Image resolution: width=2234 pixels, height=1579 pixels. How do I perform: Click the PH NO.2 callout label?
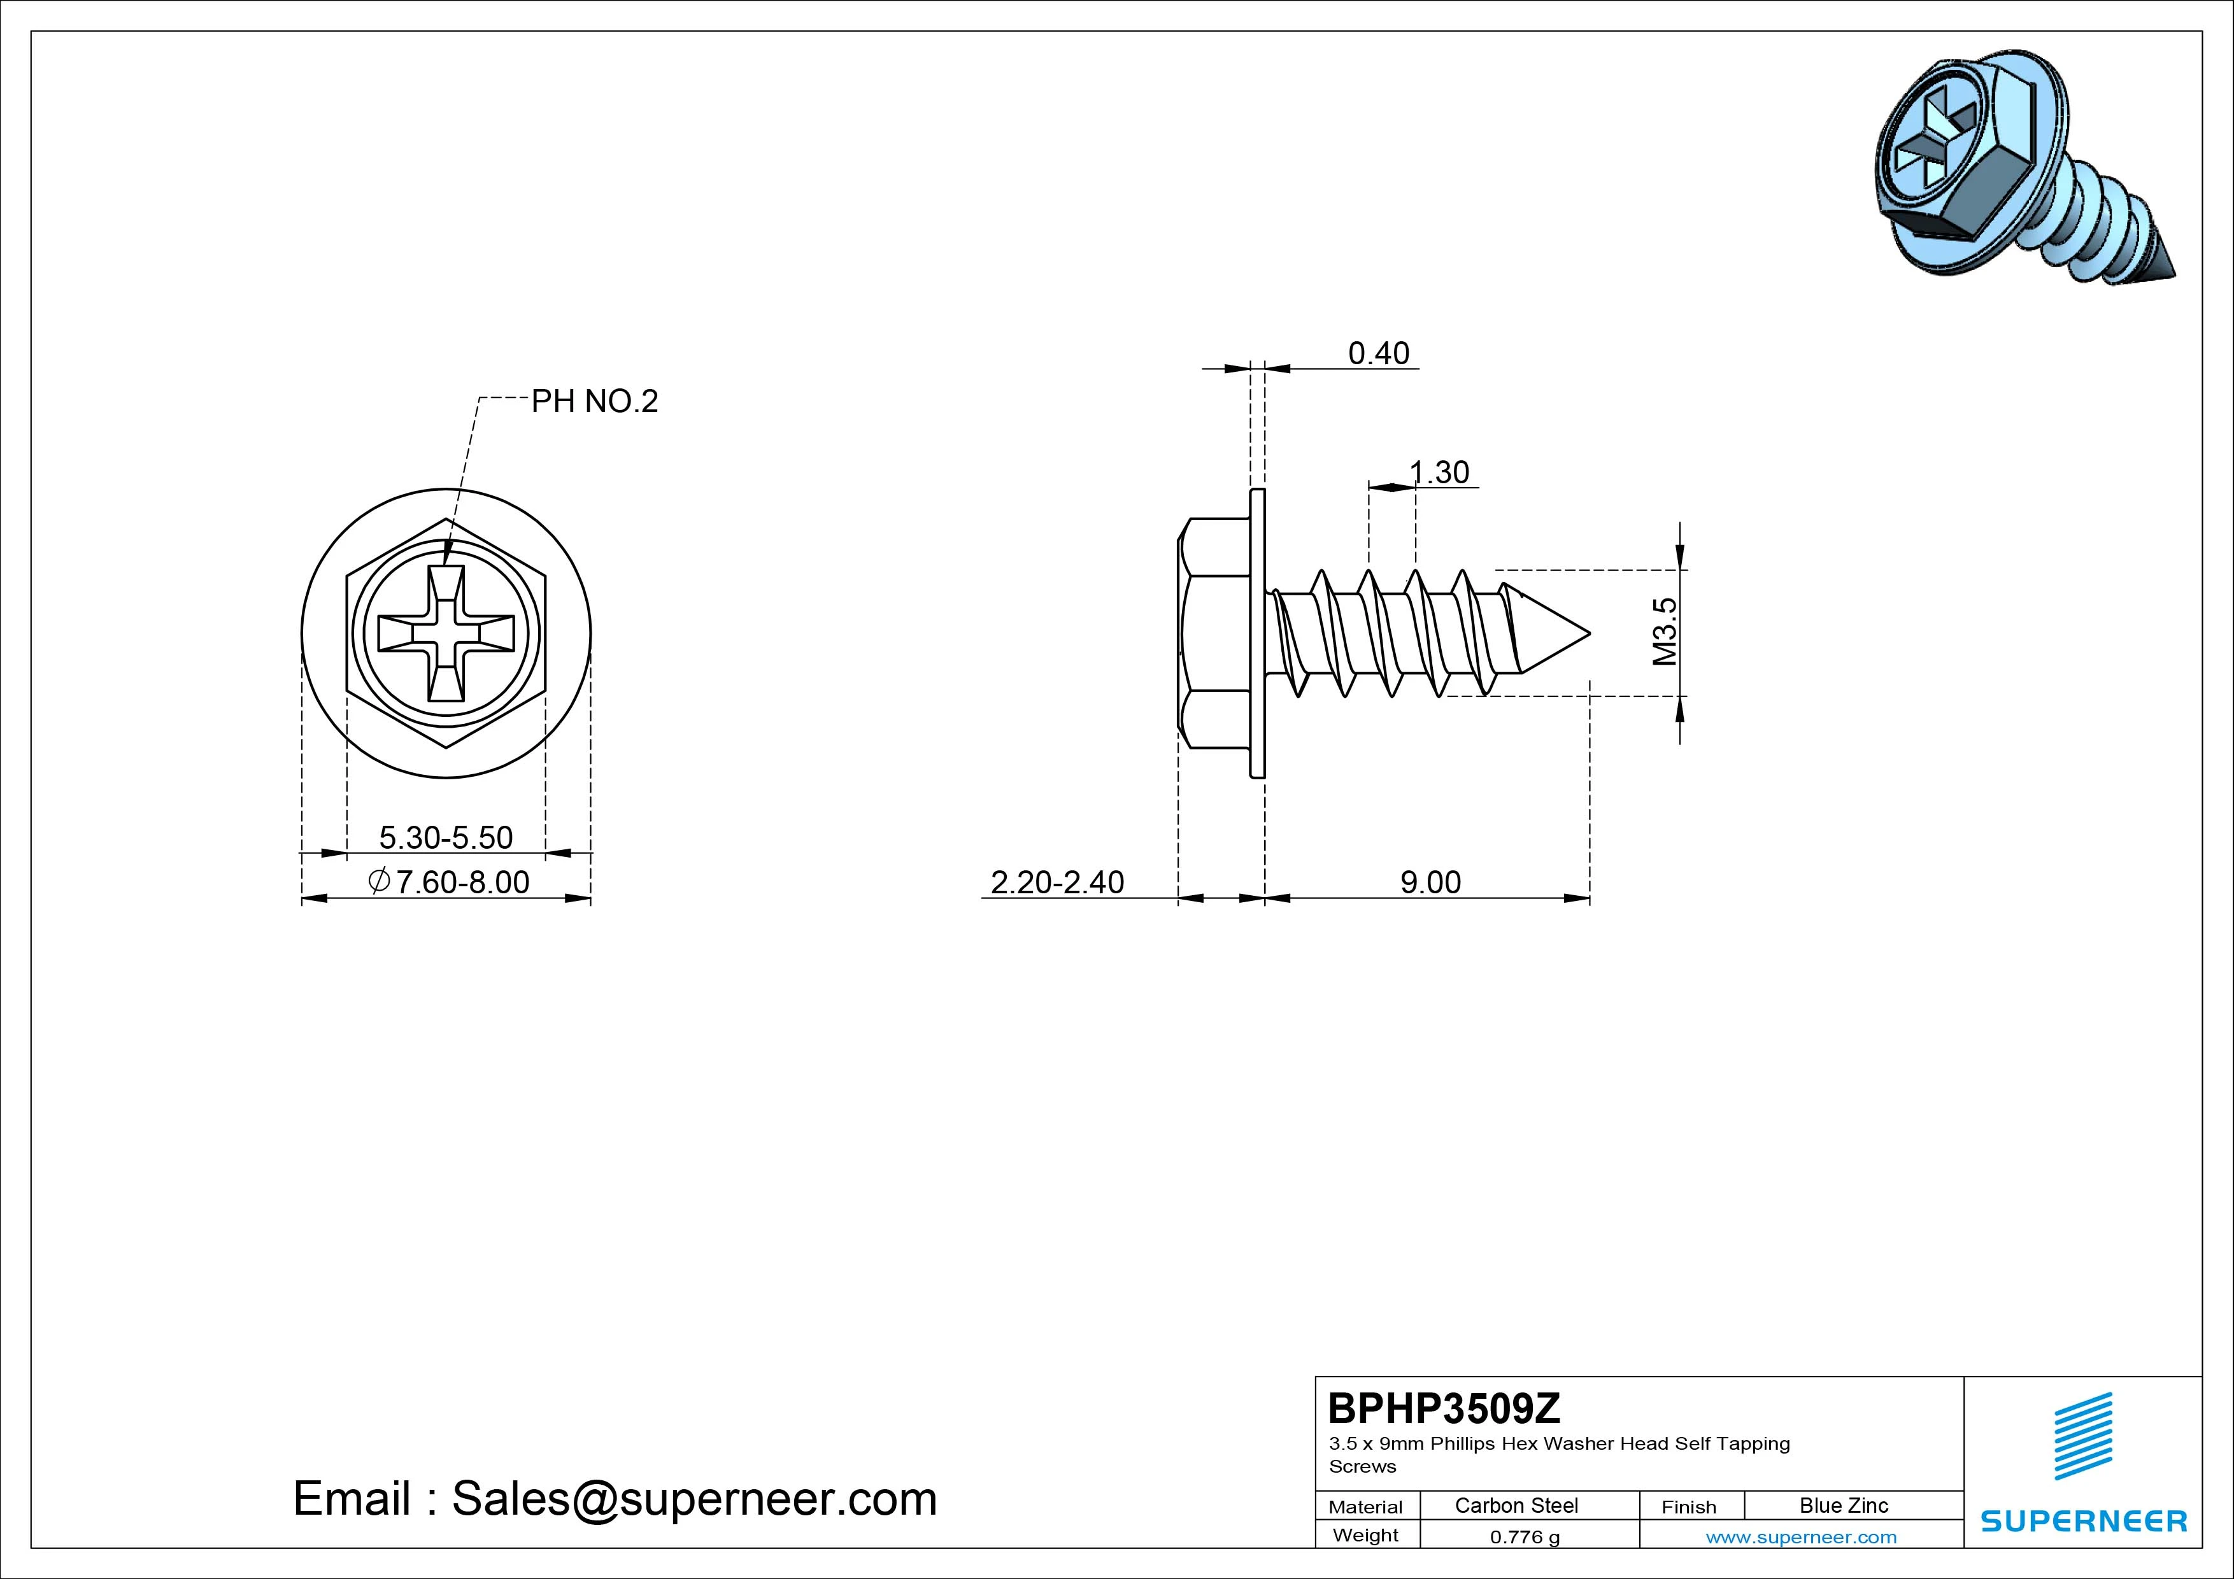point(595,401)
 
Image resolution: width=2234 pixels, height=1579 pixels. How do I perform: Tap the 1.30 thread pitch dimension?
point(1439,473)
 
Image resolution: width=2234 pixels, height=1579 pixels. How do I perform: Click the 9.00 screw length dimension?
point(1430,882)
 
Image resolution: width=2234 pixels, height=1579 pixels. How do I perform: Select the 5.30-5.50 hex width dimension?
point(446,838)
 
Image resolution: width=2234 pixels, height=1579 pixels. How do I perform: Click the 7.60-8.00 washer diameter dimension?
point(448,882)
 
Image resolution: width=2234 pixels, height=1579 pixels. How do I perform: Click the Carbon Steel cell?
point(1516,1505)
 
